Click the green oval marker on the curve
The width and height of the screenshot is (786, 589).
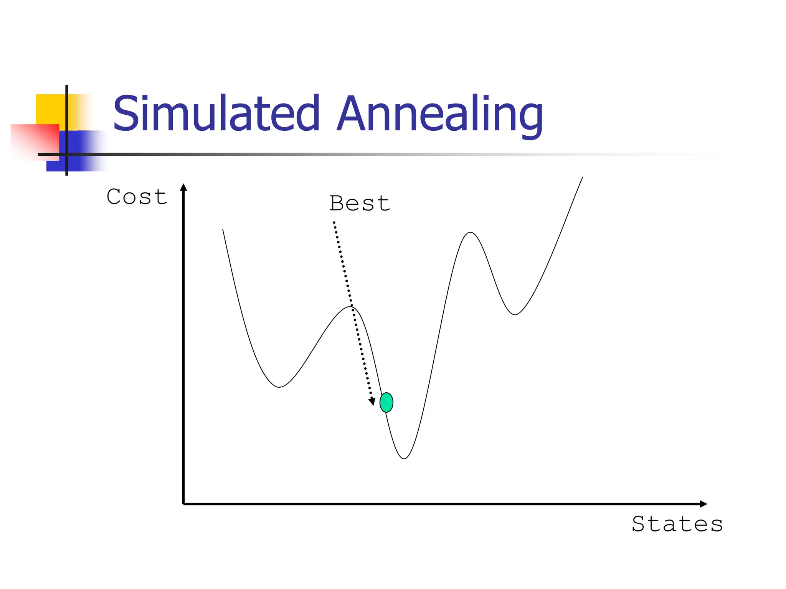point(386,402)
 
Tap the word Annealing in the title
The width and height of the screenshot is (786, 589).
point(439,115)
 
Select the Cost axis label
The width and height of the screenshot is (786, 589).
point(137,197)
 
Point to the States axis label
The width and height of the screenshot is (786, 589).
point(677,524)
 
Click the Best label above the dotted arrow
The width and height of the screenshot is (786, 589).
point(360,203)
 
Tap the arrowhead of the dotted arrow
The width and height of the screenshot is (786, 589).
point(372,401)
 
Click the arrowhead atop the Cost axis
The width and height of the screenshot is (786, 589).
point(184,188)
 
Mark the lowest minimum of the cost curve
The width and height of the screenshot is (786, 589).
point(404,458)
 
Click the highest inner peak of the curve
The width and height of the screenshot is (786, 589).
point(470,232)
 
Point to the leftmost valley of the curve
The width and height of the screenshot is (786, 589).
point(279,387)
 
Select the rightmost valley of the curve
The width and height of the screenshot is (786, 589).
point(515,314)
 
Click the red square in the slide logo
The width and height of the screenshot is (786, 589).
point(35,141)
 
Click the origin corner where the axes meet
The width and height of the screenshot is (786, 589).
point(184,504)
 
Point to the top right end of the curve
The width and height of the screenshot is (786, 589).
point(583,177)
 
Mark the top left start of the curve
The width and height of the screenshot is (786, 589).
point(223,230)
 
